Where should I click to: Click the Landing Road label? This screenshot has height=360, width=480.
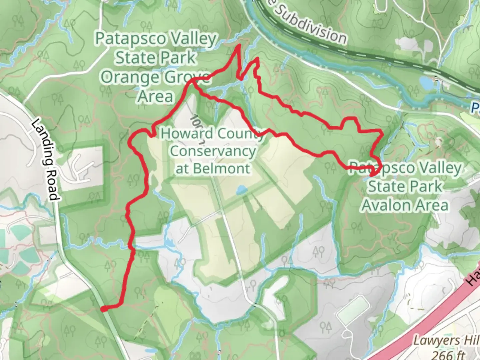45,160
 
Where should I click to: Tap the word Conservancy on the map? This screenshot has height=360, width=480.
213,151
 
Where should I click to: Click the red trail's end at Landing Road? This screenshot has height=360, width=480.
104,309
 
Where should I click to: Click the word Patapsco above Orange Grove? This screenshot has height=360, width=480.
130,39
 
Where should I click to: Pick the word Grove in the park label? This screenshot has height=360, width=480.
187,77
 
